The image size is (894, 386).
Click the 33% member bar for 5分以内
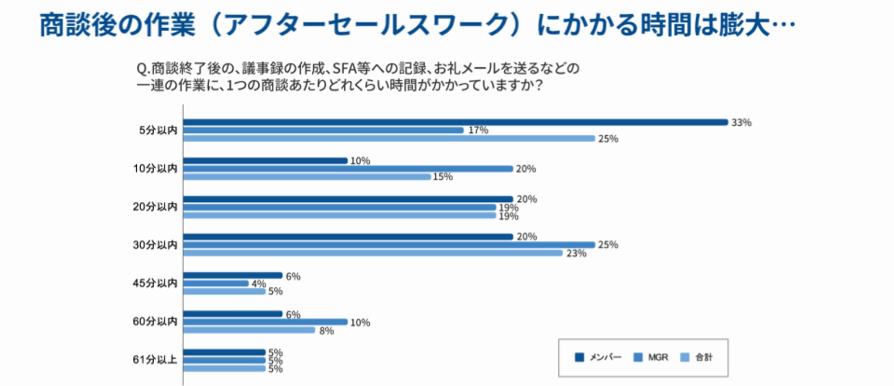coord(455,122)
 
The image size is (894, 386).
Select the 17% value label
coord(478,130)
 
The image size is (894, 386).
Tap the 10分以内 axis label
coord(155,169)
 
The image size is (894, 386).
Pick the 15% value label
coord(443,177)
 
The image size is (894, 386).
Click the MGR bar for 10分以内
coord(348,169)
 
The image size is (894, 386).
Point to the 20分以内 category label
coord(155,207)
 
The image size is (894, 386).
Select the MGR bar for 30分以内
coord(389,245)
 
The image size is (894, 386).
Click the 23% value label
coord(576,253)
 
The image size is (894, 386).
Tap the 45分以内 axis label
coord(155,283)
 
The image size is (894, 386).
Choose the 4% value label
coord(258,284)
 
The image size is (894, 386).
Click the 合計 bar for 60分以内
coord(249,330)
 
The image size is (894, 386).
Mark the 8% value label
coord(326,331)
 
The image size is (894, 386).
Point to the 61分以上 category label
coord(155,360)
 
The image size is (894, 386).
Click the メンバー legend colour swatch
coord(579,357)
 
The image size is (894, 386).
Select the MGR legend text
coord(658,357)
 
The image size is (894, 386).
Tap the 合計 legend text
coord(704,357)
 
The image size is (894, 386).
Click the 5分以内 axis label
coord(158,130)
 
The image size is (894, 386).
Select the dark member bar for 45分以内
coord(232,276)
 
